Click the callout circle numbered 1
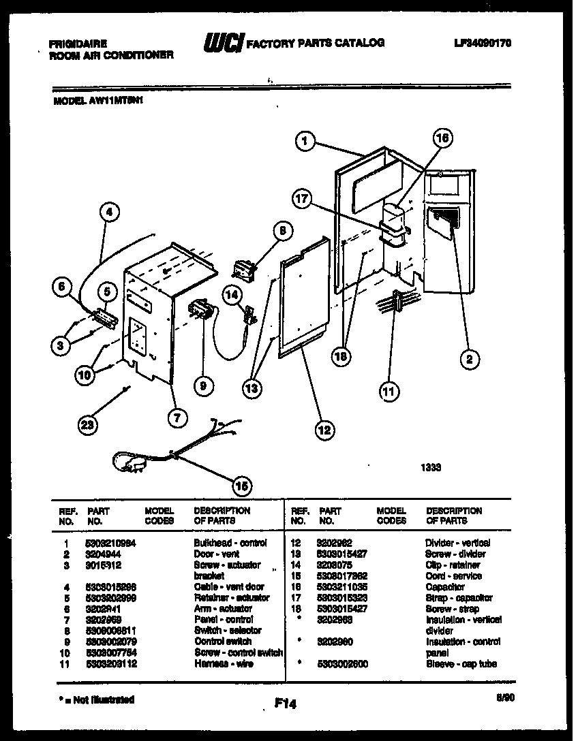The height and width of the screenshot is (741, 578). click(306, 141)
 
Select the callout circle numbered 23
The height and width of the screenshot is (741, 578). click(88, 425)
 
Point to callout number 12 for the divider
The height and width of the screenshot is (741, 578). click(323, 429)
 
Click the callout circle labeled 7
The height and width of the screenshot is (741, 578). click(177, 418)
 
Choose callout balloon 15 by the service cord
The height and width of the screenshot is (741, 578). click(241, 486)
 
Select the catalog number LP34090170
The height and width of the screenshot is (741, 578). click(483, 43)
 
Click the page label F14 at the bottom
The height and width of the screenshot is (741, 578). click(286, 706)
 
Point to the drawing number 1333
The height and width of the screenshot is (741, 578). click(431, 468)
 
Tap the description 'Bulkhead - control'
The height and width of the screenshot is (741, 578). click(230, 543)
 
